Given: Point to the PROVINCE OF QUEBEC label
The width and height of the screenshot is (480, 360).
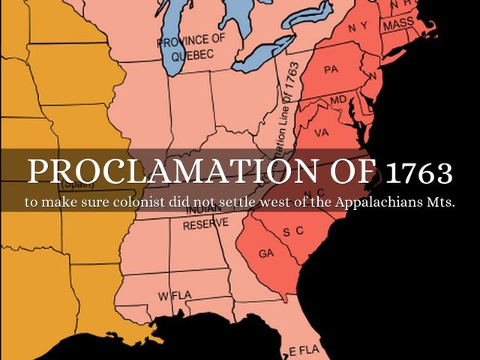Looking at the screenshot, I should click(x=190, y=46).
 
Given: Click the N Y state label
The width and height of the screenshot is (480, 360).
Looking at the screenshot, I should click(x=357, y=27).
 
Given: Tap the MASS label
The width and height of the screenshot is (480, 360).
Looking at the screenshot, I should click(x=398, y=25).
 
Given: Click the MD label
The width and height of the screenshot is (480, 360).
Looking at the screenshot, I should click(x=338, y=100).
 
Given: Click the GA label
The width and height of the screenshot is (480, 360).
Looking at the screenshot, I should click(x=266, y=253).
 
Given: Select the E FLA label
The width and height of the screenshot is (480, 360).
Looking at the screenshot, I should click(x=304, y=350).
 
